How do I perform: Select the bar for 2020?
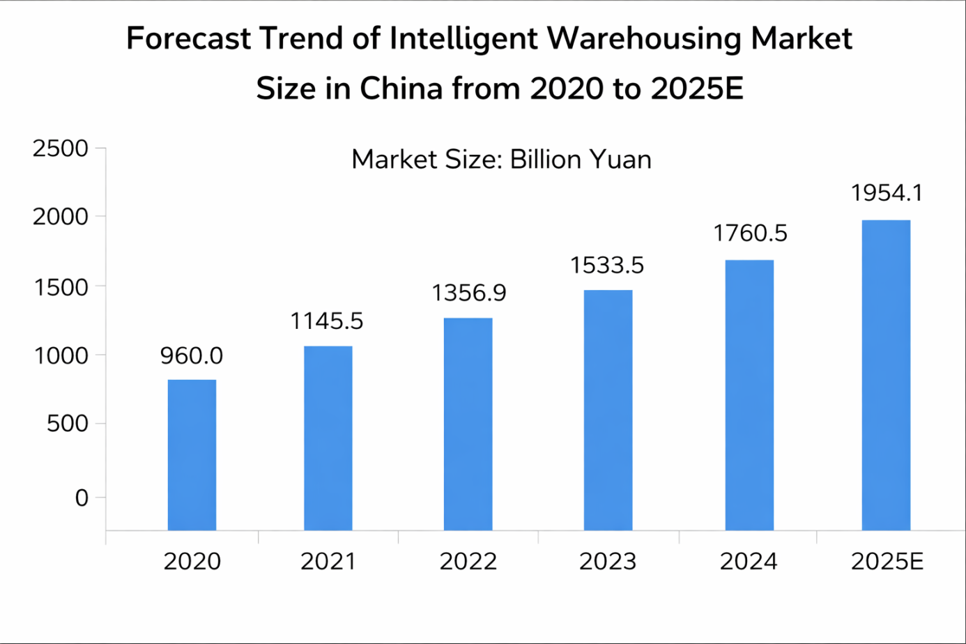click(192, 454)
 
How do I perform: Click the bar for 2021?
click(328, 438)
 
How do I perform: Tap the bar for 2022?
click(468, 424)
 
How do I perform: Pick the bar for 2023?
click(608, 410)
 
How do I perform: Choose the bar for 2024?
click(749, 394)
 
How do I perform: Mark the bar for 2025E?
click(886, 375)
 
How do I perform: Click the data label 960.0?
click(192, 356)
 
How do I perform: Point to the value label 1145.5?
click(327, 321)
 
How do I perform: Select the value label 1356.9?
click(468, 293)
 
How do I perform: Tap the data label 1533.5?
click(607, 266)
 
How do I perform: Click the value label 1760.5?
click(750, 233)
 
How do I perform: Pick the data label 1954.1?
click(887, 193)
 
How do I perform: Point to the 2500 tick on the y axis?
click(61, 148)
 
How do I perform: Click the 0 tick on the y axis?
click(82, 498)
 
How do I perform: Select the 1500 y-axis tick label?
click(61, 286)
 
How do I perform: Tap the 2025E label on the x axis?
click(887, 561)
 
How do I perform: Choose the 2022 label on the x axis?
click(468, 561)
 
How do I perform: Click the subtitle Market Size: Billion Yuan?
click(501, 160)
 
